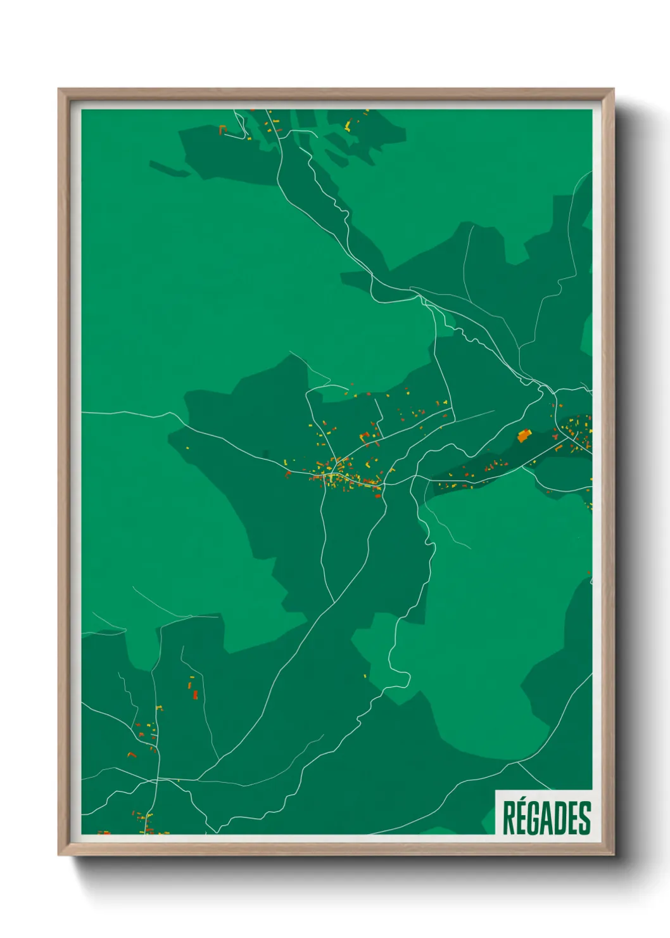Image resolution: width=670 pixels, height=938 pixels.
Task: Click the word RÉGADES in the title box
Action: pos(547,818)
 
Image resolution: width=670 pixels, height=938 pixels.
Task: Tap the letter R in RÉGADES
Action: pos(509,818)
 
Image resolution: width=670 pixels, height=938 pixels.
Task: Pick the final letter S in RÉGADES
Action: pos(585,818)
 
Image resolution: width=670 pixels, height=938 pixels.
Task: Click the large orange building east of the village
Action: pos(524,435)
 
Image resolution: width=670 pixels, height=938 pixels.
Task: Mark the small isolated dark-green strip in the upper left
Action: pos(169,168)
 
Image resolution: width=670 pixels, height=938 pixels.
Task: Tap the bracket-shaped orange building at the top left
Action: pos(222,130)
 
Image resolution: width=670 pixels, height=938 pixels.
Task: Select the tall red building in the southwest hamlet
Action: pos(195,695)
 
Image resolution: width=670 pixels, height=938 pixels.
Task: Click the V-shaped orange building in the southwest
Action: pos(132,755)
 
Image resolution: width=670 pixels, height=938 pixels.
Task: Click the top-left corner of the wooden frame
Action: pos(60,90)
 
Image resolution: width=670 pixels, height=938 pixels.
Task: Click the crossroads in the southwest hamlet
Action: pos(157,778)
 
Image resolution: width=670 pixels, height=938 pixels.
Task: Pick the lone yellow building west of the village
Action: pos(187,447)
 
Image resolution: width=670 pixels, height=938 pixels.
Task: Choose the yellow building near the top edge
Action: pos(348,126)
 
